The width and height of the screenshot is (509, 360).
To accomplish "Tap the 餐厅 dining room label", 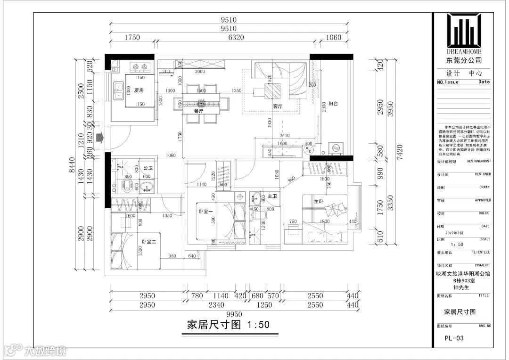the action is (198, 112).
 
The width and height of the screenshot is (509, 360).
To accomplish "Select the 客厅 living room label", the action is (278, 106).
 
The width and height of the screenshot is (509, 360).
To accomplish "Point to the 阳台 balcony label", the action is (333, 103).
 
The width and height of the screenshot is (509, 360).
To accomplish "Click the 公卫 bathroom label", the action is (148, 168).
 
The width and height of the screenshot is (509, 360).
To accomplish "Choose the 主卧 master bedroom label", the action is (319, 201).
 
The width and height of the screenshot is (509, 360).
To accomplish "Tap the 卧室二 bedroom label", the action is (149, 241).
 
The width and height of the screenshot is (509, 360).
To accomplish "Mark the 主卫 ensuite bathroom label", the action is (272, 196).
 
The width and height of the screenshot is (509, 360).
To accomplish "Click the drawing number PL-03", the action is (455, 338).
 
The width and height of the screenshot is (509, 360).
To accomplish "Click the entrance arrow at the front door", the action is (99, 138).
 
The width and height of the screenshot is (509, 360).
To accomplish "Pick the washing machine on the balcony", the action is (337, 147).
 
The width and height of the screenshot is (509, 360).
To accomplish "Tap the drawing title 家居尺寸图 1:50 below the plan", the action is (228, 325).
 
